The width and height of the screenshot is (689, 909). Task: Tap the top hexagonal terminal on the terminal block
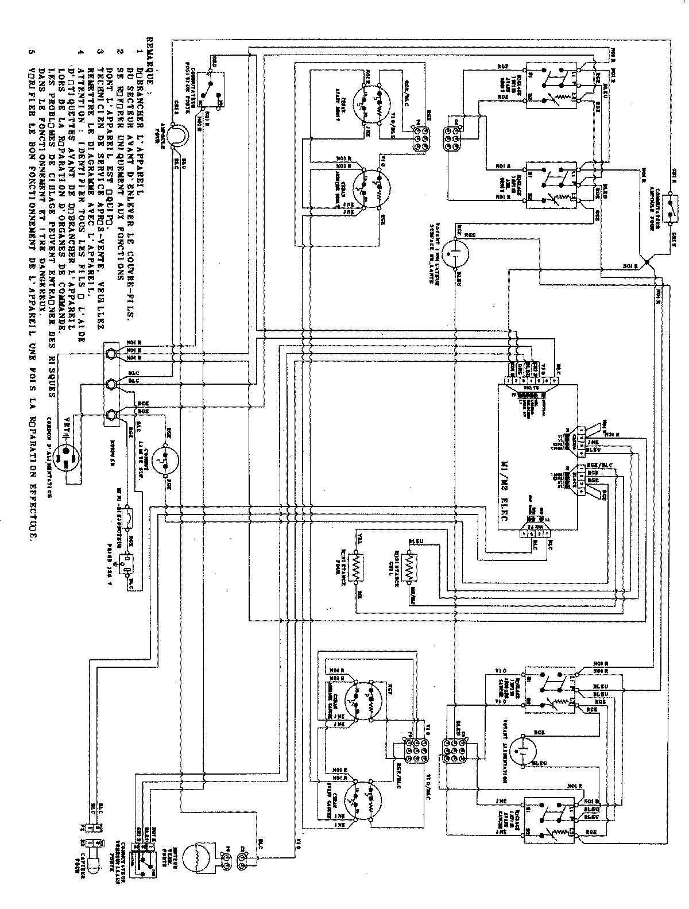110,351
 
